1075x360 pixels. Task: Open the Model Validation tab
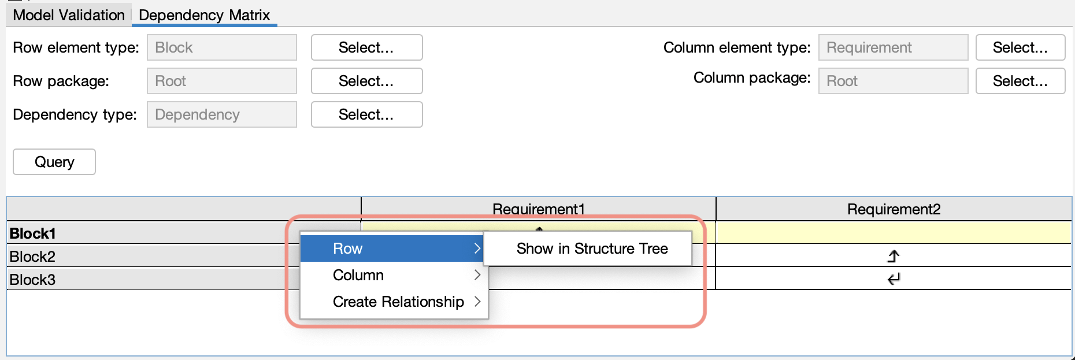tap(69, 15)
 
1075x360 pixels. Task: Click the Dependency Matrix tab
tap(205, 15)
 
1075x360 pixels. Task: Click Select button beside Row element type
tap(366, 47)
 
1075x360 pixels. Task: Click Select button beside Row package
tap(366, 81)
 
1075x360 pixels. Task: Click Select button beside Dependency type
tap(366, 114)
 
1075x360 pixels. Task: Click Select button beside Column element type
tap(1020, 47)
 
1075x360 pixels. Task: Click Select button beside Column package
tap(1020, 81)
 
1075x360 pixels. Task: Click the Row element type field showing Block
tap(222, 47)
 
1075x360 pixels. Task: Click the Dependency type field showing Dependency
tap(222, 114)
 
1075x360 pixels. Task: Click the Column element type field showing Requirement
tap(893, 47)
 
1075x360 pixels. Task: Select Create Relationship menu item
tap(398, 302)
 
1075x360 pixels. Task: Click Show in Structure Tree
tap(592, 248)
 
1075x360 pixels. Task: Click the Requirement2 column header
tap(894, 209)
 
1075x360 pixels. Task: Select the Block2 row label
tap(33, 257)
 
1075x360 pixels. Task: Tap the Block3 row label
tap(33, 280)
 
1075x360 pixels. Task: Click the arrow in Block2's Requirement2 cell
tap(894, 256)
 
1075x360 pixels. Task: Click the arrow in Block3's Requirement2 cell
tap(894, 279)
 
